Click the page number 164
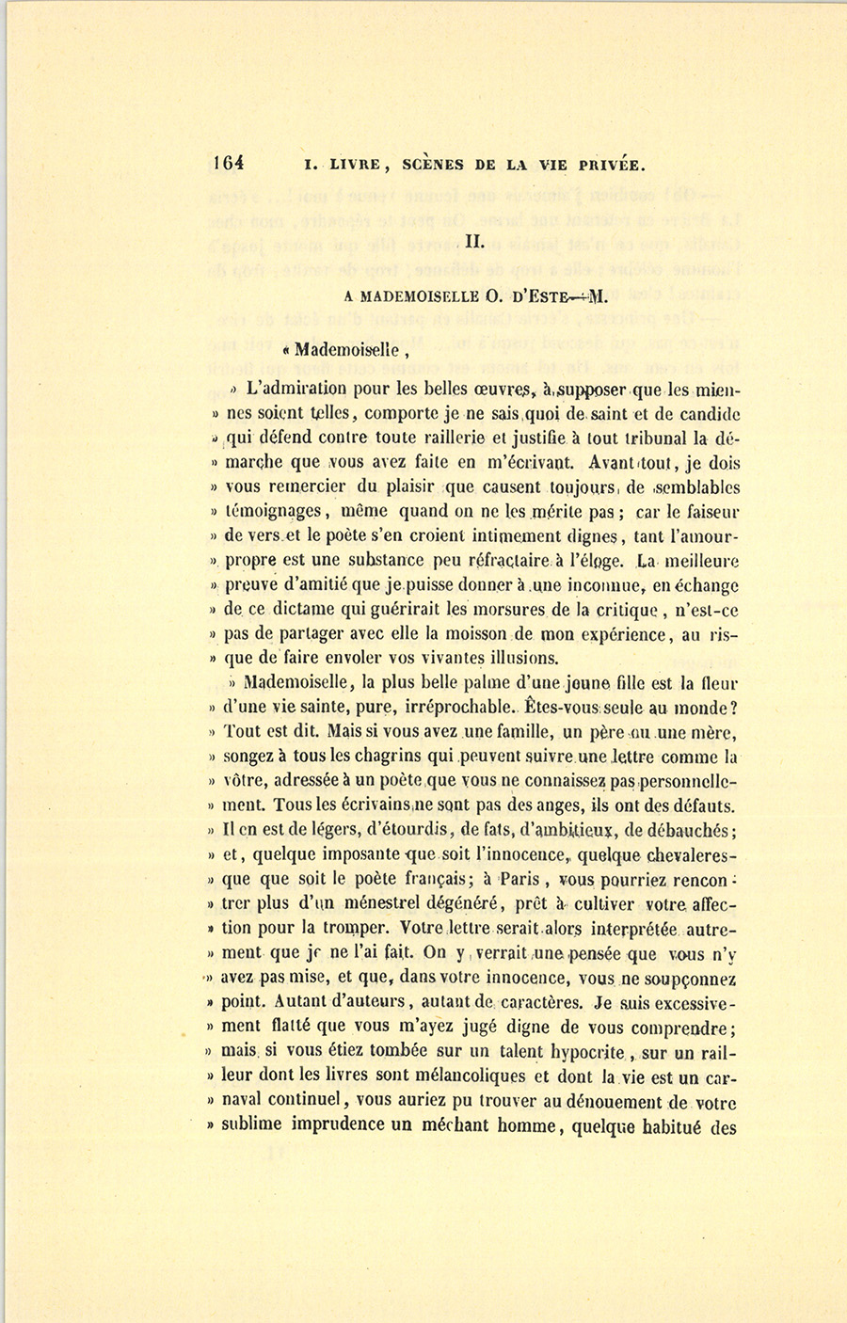click(x=230, y=162)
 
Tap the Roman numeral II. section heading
click(x=474, y=241)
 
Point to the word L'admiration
click(x=296, y=388)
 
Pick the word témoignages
click(x=276, y=512)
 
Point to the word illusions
click(x=523, y=658)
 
